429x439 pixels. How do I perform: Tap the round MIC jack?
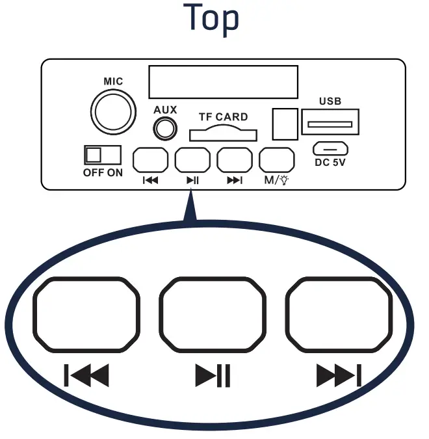115,113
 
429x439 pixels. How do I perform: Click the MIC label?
113,82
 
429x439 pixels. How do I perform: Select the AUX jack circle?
165,128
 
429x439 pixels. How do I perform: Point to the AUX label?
165,110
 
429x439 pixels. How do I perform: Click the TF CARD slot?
222,135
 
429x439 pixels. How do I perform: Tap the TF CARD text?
223,117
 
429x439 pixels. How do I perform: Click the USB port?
330,123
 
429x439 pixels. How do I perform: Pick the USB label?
330,101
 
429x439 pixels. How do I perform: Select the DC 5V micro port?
330,148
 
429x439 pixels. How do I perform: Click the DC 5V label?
330,163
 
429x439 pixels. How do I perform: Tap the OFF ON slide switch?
103,155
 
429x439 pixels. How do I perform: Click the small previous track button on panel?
150,160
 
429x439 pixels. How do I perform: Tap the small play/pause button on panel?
192,160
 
